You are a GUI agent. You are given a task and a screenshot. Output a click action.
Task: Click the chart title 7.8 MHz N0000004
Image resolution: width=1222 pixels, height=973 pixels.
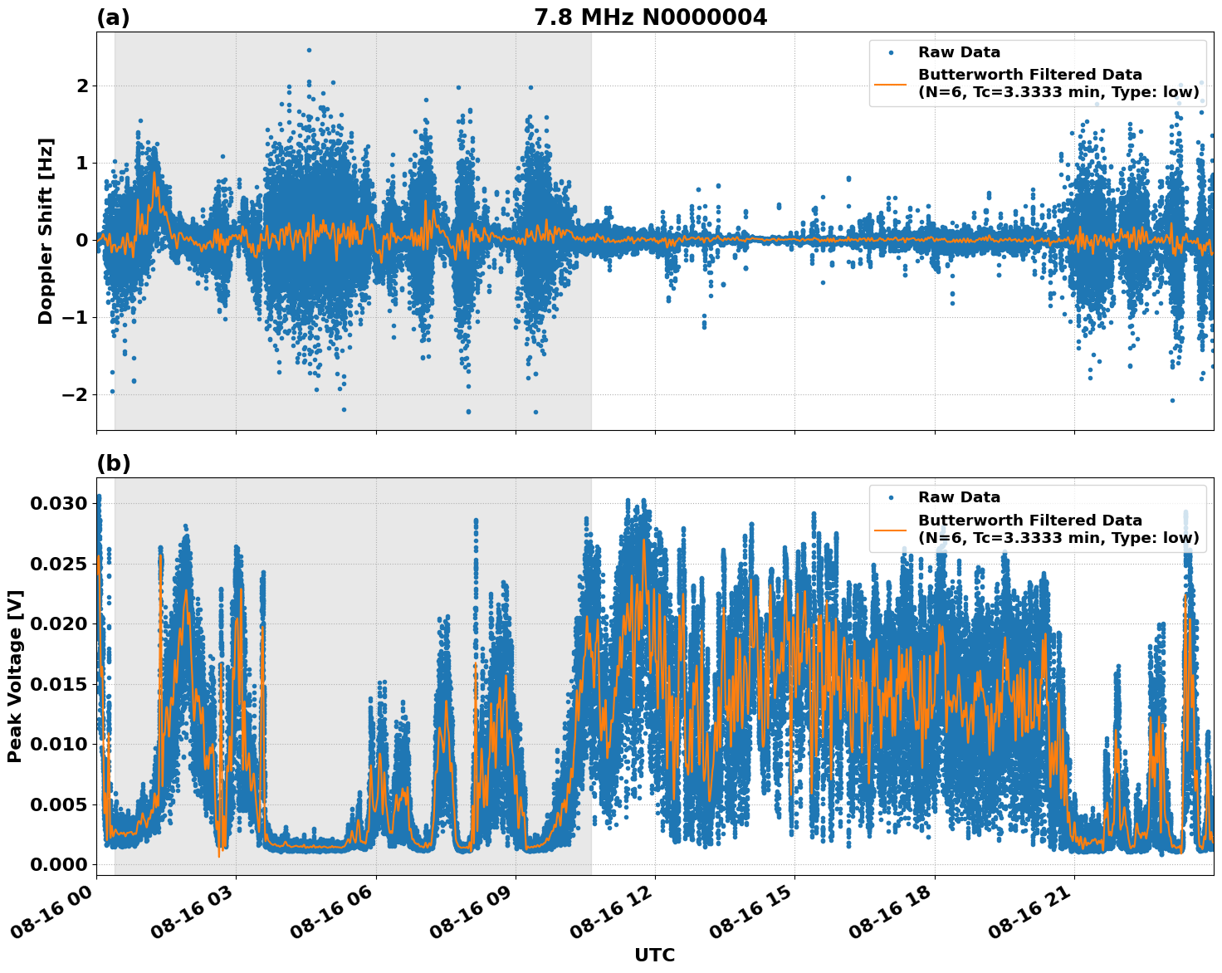(x=650, y=17)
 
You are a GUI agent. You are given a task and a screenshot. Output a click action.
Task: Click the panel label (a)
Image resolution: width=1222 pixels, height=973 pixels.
(x=113, y=17)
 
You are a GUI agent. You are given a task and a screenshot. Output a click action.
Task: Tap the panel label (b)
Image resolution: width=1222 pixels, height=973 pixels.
(x=113, y=463)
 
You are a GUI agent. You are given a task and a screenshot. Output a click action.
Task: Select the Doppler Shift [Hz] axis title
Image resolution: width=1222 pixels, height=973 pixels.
(x=46, y=231)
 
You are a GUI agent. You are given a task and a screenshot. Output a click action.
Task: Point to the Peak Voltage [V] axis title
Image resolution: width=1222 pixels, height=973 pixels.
(x=15, y=676)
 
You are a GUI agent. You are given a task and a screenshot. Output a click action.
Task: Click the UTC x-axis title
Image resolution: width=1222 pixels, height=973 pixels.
(x=654, y=955)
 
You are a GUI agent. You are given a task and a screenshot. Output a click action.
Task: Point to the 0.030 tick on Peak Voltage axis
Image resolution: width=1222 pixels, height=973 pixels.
(x=59, y=503)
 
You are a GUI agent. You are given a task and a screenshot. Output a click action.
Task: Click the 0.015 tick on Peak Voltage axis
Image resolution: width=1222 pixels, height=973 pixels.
(x=59, y=684)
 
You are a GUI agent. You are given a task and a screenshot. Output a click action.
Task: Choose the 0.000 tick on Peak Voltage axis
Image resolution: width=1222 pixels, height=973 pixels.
(x=59, y=864)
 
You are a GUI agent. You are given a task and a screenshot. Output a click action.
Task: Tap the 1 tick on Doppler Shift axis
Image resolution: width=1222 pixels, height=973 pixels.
(x=81, y=163)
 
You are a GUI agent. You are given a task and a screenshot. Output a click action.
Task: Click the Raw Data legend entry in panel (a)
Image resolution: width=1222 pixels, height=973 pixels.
(x=959, y=53)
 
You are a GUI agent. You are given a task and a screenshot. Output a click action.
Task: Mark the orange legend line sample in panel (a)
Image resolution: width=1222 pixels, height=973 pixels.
(x=891, y=83)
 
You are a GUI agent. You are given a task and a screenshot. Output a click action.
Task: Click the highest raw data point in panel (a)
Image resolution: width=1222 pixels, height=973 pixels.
(x=309, y=50)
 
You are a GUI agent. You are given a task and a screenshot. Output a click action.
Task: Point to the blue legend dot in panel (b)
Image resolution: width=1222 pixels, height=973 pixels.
(x=891, y=497)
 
